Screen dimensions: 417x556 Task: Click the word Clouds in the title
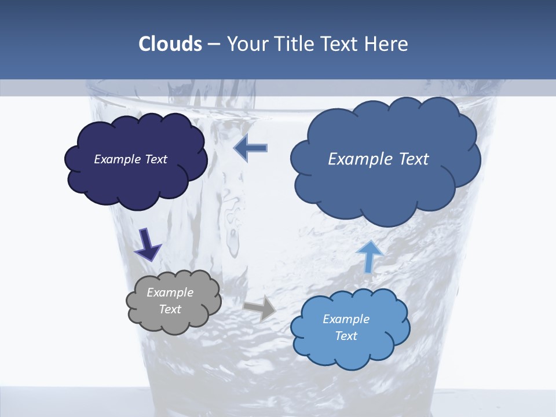click(170, 44)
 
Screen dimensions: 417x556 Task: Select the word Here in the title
click(387, 44)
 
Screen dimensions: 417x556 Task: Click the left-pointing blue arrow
click(250, 148)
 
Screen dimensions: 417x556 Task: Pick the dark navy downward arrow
click(148, 244)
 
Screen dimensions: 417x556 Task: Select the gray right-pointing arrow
click(260, 308)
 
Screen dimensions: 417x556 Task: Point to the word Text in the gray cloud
click(170, 309)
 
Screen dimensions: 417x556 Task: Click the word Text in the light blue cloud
click(346, 336)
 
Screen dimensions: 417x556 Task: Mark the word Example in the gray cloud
click(170, 292)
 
